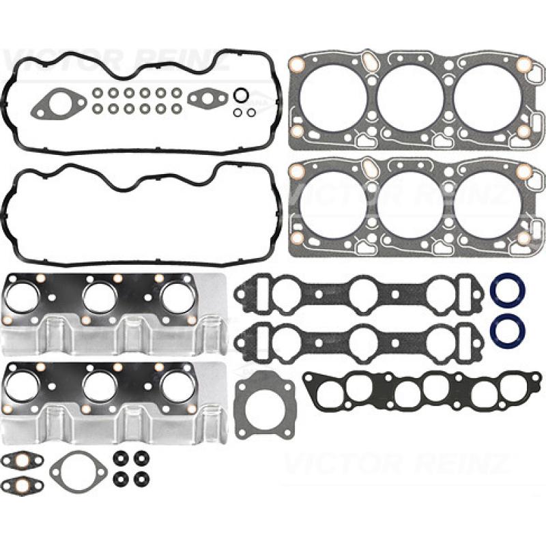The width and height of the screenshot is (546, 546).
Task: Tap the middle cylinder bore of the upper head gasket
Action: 411,98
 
